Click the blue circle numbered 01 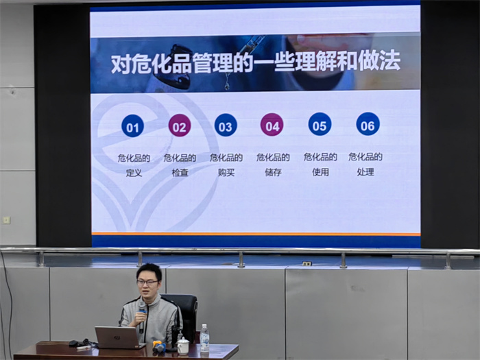click(x=133, y=127)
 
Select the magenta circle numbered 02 click(x=180, y=126)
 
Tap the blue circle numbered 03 click(x=226, y=125)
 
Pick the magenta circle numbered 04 click(x=272, y=125)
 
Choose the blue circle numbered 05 click(x=320, y=124)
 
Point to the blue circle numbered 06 click(x=368, y=124)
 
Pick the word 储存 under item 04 click(x=273, y=172)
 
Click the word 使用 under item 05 click(x=320, y=171)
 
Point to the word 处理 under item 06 click(x=365, y=171)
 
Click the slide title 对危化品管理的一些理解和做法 click(x=256, y=64)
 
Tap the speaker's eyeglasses click(x=147, y=282)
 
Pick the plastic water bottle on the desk click(x=204, y=337)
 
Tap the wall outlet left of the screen click(x=6, y=220)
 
